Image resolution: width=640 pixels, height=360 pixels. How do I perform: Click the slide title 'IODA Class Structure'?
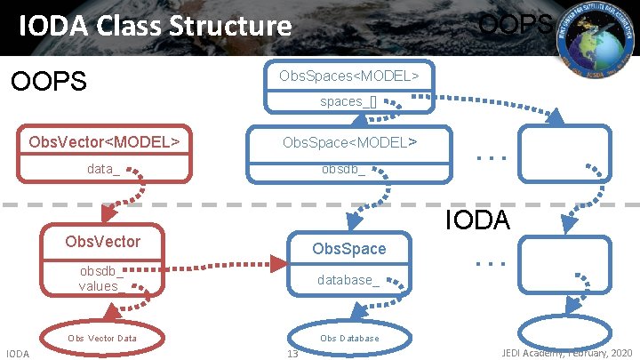point(156,26)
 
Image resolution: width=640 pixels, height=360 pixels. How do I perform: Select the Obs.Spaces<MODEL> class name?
point(348,76)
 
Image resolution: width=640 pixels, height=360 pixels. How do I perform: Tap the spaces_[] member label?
point(348,100)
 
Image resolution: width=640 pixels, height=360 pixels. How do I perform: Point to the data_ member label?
point(103,169)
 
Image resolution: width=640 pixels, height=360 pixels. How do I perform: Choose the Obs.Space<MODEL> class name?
point(348,142)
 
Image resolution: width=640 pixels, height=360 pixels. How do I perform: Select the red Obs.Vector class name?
point(103,241)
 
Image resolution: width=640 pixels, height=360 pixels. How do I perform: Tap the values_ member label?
point(99,286)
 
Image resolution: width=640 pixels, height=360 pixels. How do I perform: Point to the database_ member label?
point(348,280)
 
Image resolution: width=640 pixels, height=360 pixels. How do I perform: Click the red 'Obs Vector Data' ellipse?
point(102,338)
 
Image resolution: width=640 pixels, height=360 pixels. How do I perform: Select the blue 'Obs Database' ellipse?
point(349,338)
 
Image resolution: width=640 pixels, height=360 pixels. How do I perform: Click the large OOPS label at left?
point(48,82)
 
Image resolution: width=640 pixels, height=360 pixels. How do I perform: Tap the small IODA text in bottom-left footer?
point(18,354)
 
